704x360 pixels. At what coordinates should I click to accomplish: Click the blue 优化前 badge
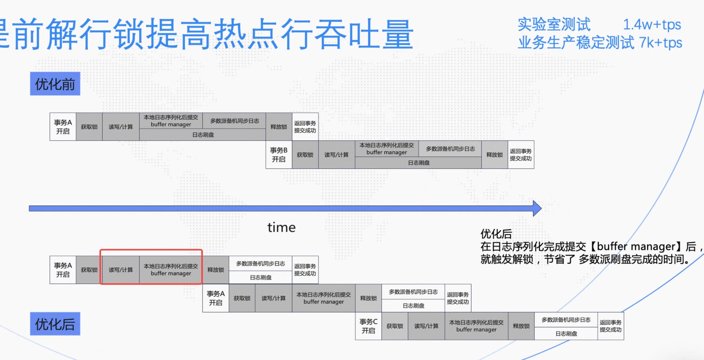click(x=55, y=84)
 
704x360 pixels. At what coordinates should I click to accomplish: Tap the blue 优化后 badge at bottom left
click(x=55, y=324)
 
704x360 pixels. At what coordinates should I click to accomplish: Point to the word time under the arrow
click(x=281, y=228)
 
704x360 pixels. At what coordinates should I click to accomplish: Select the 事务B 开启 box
click(x=279, y=155)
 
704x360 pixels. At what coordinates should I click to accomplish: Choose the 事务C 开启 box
click(x=368, y=326)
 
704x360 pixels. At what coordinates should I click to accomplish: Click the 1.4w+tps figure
click(x=652, y=25)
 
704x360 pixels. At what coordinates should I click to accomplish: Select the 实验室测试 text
click(x=554, y=25)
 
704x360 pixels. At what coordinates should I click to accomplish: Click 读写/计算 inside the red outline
click(x=121, y=270)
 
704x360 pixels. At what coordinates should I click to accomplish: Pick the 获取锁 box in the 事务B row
click(x=305, y=155)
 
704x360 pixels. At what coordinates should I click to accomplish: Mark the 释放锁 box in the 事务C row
click(x=521, y=326)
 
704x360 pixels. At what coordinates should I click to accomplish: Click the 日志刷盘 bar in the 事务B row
click(x=418, y=163)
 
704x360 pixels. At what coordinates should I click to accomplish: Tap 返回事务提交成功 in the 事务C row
click(x=610, y=326)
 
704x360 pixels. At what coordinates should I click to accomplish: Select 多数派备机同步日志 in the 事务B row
click(x=450, y=149)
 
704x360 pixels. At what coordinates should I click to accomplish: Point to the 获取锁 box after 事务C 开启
click(x=395, y=326)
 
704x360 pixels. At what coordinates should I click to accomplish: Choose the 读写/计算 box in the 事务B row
click(x=336, y=155)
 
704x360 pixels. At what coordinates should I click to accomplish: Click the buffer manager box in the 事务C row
click(x=476, y=326)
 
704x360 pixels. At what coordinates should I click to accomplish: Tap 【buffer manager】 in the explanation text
click(x=636, y=246)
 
